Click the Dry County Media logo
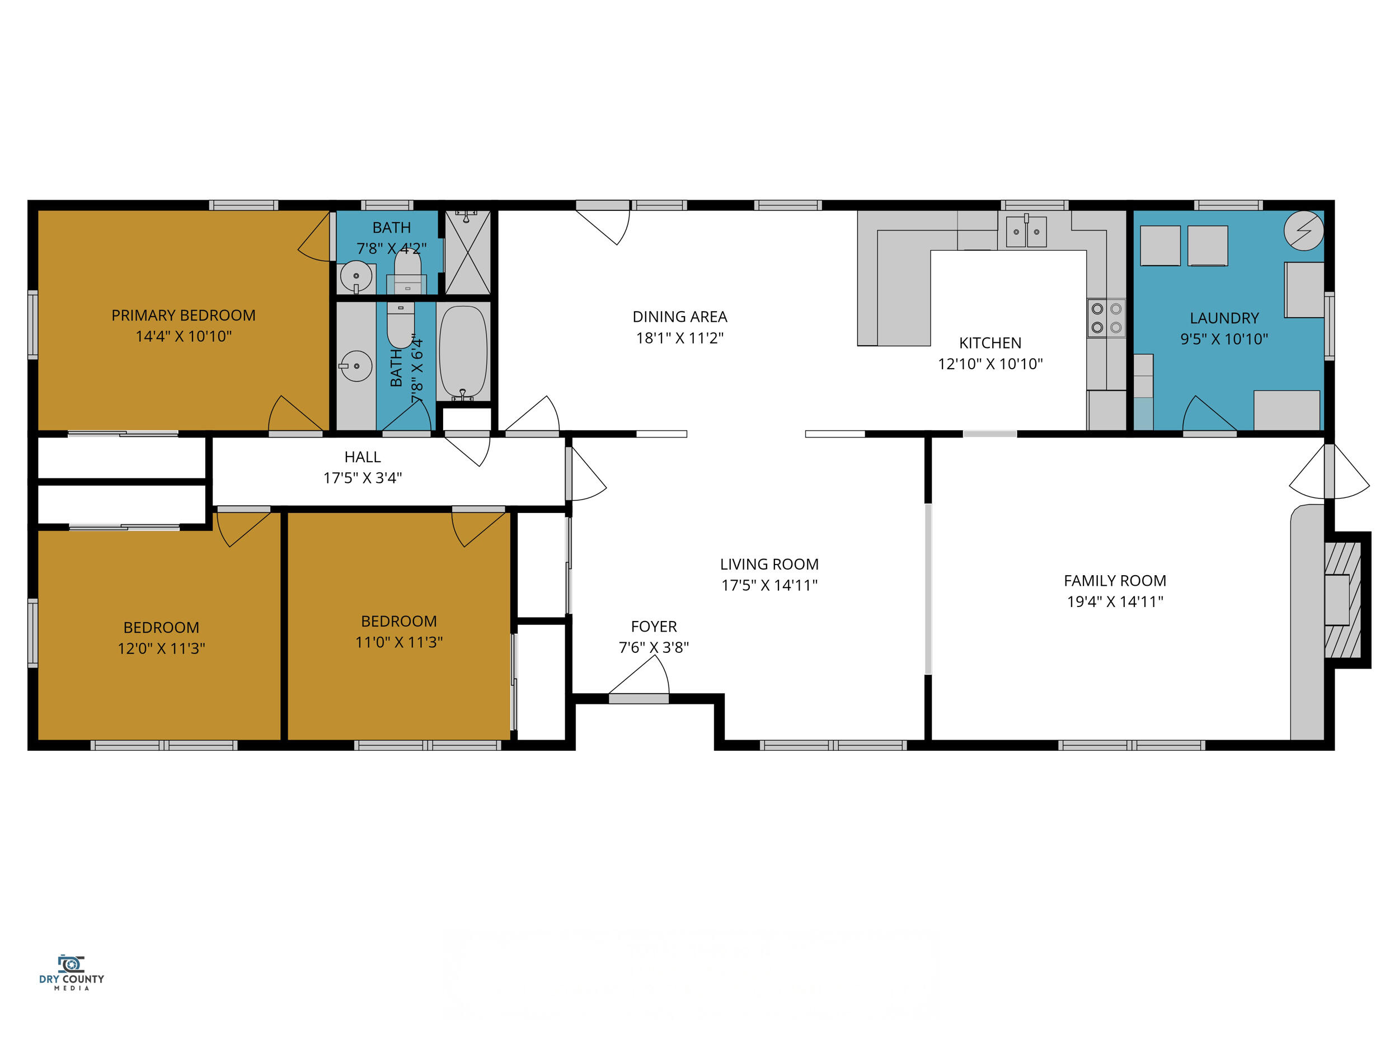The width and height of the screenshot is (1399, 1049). tap(72, 972)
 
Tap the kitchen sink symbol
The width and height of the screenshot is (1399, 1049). tap(1026, 232)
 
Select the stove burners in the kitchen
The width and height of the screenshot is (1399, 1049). tap(1106, 318)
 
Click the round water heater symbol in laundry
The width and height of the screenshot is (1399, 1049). tap(1303, 230)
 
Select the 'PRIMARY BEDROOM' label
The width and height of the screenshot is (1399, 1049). tap(184, 315)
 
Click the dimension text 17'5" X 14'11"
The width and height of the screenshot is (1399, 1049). tap(769, 585)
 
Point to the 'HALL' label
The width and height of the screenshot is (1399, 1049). tap(363, 457)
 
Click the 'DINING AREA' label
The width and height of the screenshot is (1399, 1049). tap(679, 316)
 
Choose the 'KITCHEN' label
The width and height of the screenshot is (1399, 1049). tap(990, 343)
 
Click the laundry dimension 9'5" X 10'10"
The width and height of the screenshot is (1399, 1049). tap(1224, 339)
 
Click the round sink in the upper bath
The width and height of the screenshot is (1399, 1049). tap(356, 276)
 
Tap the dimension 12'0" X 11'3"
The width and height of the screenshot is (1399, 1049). tap(161, 648)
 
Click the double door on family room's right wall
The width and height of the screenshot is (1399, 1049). tap(1329, 472)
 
